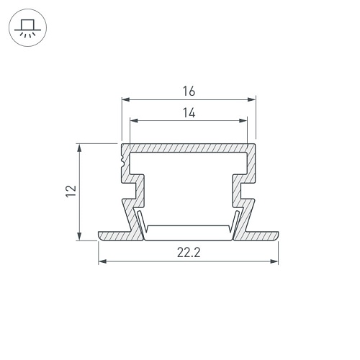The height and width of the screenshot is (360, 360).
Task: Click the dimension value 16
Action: pos(189,91)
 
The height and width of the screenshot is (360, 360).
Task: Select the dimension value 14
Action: pos(189,113)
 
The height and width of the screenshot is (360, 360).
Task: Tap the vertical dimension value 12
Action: pos(71,192)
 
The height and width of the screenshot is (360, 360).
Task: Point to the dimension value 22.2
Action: pos(189,253)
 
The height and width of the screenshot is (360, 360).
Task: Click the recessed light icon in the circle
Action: pos(28,28)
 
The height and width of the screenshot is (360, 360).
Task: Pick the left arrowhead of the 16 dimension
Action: pos(126,99)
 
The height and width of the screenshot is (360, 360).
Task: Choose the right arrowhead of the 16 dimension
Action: pos(251,99)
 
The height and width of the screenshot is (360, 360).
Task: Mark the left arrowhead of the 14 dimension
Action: pos(134,120)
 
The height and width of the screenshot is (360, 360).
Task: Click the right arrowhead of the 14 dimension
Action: pos(243,120)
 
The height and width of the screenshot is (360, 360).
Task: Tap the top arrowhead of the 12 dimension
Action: pos(79,148)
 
